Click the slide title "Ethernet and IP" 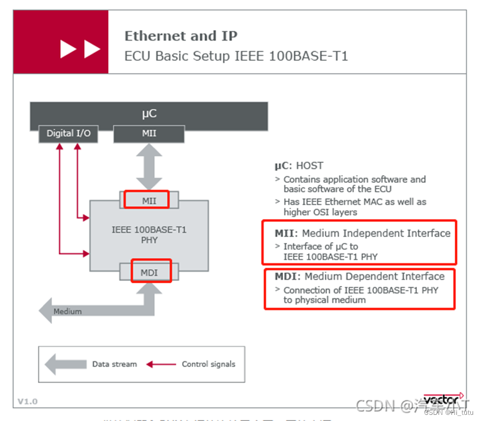click(x=181, y=36)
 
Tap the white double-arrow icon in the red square click(x=80, y=50)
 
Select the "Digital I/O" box click(x=69, y=134)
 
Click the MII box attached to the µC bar click(x=149, y=134)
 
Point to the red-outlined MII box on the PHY click(x=146, y=200)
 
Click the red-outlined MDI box click(x=149, y=272)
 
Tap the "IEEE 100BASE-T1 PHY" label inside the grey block click(x=149, y=235)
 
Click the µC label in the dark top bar click(x=149, y=114)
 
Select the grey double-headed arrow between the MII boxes click(x=149, y=166)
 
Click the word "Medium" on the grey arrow click(x=67, y=311)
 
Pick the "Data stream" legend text click(x=114, y=364)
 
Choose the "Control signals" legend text click(x=208, y=364)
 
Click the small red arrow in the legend click(x=160, y=364)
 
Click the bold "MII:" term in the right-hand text click(x=286, y=233)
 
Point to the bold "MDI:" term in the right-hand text click(x=288, y=277)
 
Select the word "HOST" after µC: click(x=309, y=166)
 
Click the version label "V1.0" click(x=28, y=401)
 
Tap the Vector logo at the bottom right click(x=443, y=399)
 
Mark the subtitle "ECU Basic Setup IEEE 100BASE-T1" click(x=236, y=56)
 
